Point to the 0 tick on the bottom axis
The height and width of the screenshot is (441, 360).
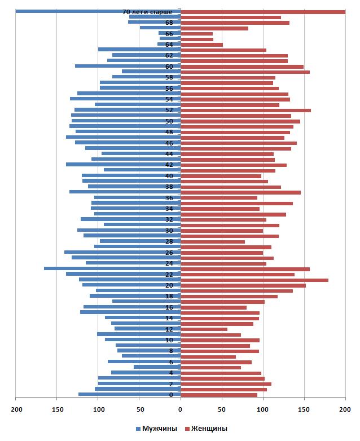181,409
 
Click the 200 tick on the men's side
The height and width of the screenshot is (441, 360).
16,409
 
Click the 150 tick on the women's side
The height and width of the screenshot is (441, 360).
304,409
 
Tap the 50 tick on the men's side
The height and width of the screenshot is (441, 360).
139,409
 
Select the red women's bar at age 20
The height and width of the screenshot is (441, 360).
243,285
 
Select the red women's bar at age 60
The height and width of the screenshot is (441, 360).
242,66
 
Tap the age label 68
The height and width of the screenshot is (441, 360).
169,23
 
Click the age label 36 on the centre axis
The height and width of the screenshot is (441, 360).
169,198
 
